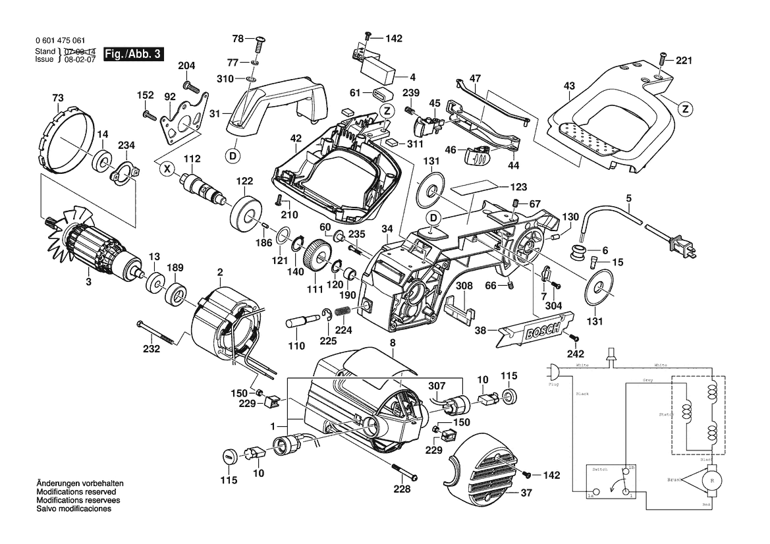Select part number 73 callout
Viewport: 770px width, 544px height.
click(59, 99)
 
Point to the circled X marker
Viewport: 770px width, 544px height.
click(167, 169)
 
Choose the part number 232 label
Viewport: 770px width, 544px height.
click(152, 349)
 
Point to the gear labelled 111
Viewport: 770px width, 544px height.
click(319, 256)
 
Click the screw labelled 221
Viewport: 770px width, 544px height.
click(662, 61)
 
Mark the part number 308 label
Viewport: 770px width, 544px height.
click(465, 286)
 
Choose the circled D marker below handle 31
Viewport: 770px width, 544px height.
click(231, 155)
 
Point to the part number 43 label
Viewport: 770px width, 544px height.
click(570, 86)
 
